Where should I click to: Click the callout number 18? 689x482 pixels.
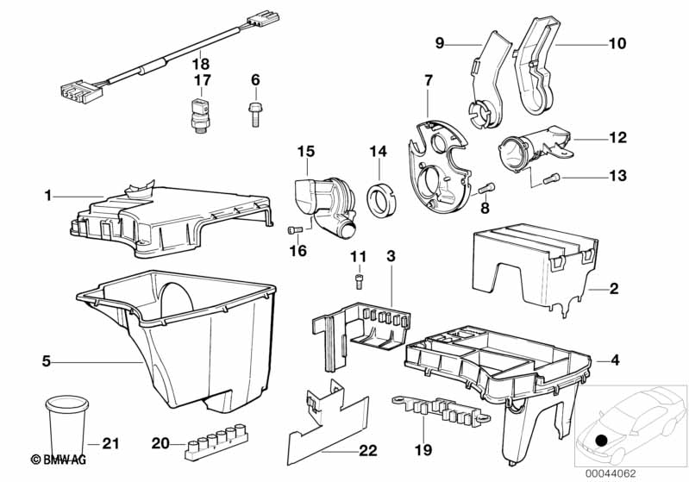tap(201, 65)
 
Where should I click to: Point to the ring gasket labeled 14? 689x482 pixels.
tap(381, 200)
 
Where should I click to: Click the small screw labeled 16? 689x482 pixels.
tap(295, 230)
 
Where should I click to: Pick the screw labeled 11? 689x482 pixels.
tap(360, 281)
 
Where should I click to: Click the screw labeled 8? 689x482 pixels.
tap(486, 190)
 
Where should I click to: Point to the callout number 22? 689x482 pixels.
tap(368, 450)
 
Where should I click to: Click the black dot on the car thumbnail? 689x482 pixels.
tap(602, 440)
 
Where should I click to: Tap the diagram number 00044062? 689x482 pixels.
tap(610, 473)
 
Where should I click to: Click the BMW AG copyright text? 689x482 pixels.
tap(59, 460)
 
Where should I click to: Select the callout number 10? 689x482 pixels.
tap(617, 43)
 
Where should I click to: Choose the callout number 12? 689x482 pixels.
tap(617, 137)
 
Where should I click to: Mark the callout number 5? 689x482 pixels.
tap(47, 361)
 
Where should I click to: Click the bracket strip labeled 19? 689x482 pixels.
tap(441, 411)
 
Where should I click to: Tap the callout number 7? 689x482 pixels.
tap(429, 80)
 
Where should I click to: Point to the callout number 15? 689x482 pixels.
tap(306, 152)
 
